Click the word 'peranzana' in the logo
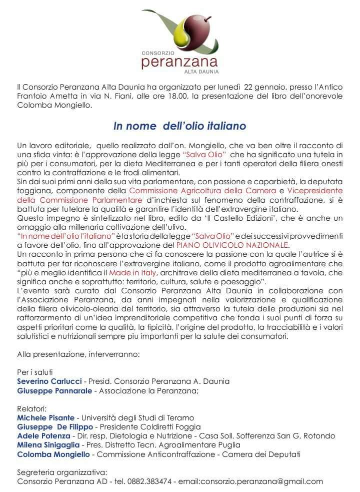coord(179,63)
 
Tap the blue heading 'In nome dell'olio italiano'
coord(179,126)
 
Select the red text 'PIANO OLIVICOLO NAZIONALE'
coord(232,245)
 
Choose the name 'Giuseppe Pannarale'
coord(54,390)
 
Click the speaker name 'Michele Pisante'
coord(45,417)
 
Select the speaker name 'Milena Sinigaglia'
coord(49,445)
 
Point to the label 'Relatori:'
coord(31,408)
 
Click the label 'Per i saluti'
coord(34,372)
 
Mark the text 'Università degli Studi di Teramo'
coord(137,417)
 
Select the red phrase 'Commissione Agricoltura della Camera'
coord(202,191)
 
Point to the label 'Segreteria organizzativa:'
coord(62,472)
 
